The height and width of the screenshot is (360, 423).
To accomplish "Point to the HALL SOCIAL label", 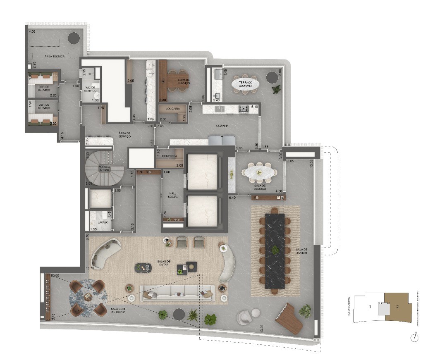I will point(173,195).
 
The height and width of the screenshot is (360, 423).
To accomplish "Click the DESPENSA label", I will point(170,156).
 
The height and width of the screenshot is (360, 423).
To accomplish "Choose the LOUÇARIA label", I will point(172,109).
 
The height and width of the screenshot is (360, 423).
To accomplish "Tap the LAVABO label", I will point(103,222).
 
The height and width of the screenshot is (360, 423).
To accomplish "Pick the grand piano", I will point(289,318).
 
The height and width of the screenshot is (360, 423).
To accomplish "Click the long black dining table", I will point(275,250).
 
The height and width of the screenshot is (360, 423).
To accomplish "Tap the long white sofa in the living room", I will point(177,293).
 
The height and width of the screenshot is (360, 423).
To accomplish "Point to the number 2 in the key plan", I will point(397,307).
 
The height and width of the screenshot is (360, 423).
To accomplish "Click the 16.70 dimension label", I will point(91,268).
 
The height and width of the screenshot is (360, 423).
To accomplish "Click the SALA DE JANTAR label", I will point(301,251).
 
